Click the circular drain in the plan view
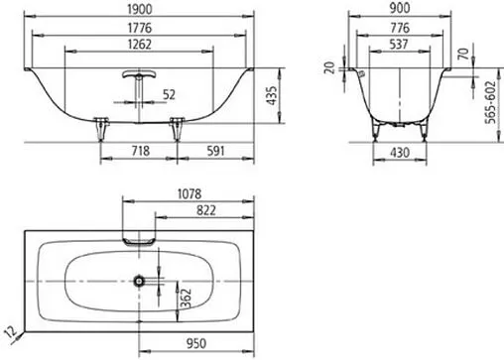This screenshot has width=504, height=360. coord(140,282)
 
